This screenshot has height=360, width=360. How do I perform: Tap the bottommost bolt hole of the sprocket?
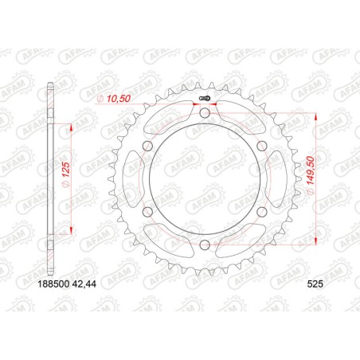[x=205, y=245]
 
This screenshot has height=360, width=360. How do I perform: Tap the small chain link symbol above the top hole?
[x=205, y=99]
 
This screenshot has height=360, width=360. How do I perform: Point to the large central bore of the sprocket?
[x=205, y=179]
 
